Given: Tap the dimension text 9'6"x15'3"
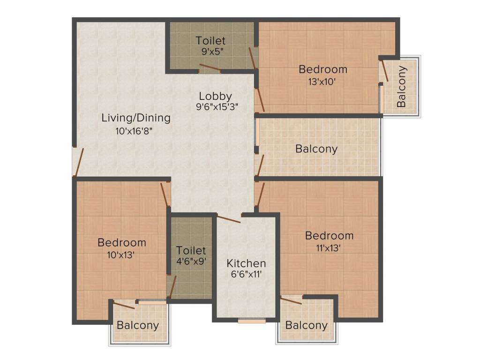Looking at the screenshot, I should coord(217,106).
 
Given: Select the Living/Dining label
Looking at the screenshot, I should coord(136,118).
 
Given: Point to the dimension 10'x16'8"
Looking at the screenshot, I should coord(135,132).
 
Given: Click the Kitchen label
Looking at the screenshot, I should coord(246,263).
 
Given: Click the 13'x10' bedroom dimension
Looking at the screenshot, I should coord(323,81).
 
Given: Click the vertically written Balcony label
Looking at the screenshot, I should coord(402,86).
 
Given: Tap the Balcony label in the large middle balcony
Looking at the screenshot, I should coord(316,149).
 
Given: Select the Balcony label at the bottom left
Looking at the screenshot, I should coord(138,325).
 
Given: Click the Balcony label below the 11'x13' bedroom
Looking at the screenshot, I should coord(307,325).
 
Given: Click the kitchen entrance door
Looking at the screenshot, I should coord(229,218).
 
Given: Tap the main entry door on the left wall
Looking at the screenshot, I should coord(78,162).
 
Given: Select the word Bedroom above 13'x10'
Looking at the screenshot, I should coord(323,69).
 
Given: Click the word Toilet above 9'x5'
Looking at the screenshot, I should coord(210,41).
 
